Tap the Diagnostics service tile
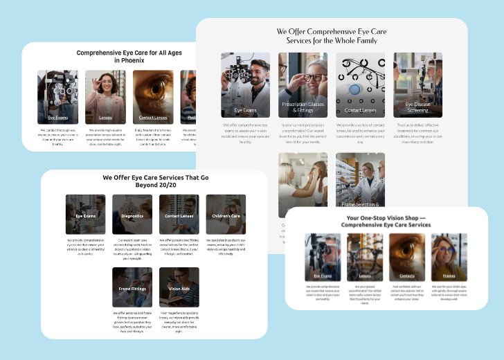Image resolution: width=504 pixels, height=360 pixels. tap(132, 215)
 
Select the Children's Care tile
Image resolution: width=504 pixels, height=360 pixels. tap(226, 215)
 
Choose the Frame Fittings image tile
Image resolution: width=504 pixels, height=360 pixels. tap(132, 287)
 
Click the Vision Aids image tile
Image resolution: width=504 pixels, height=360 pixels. tap(179, 287)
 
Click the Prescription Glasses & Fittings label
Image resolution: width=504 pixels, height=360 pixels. tap(303, 107)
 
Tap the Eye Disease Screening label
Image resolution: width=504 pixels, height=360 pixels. tap(417, 107)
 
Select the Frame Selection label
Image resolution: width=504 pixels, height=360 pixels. tap(359, 205)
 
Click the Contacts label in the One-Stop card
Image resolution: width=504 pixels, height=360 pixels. tap(407, 276)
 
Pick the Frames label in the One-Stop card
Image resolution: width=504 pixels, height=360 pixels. tap(449, 276)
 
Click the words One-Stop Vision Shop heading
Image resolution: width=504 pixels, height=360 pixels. tap(386, 217)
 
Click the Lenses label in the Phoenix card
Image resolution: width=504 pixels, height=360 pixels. tap(105, 118)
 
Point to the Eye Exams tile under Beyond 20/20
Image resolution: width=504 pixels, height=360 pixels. tap(85, 215)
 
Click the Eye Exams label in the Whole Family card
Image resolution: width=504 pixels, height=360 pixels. tap(245, 110)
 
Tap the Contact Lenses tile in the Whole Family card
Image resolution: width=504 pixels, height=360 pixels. tap(360, 85)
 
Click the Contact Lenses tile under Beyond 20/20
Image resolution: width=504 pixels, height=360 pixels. tap(179, 215)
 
